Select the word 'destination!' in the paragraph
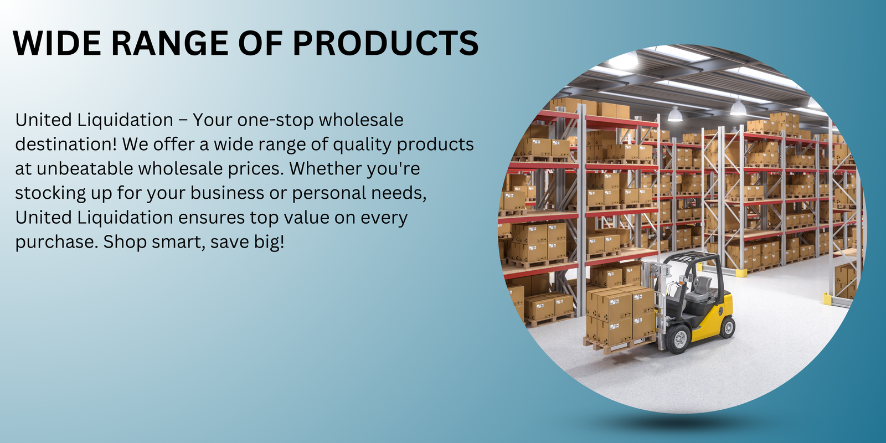[x=66, y=145]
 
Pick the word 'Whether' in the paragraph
[x=325, y=168]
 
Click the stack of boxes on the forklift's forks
[x=620, y=316]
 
